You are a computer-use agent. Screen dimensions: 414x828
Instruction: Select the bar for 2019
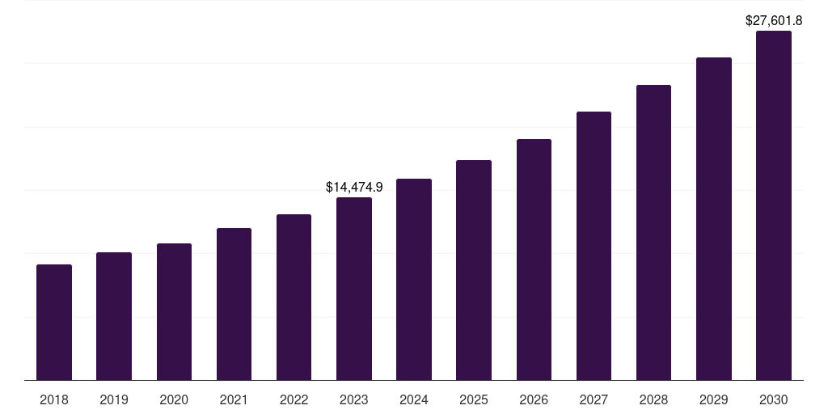coord(114,316)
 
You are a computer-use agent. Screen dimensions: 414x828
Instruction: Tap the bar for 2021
coord(234,304)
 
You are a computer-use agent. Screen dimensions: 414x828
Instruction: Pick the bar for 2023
coord(354,289)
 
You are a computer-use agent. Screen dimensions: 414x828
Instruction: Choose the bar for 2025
coord(474,270)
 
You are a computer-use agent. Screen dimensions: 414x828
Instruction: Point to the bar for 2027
coord(594,246)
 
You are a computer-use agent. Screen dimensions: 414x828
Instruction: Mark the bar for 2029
coord(714,218)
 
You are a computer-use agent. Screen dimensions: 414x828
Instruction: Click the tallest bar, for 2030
coord(774,205)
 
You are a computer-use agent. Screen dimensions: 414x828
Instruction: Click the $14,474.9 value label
coord(354,187)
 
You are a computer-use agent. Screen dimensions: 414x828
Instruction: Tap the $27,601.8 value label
coord(774,20)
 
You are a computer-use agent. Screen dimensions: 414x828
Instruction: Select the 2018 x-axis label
coord(54,399)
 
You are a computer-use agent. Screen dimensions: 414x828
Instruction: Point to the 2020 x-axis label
coord(174,399)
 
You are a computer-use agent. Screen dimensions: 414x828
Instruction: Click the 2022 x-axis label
coord(294,399)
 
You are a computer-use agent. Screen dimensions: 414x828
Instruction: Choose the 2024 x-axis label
coord(414,399)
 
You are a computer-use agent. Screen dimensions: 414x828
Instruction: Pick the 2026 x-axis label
coord(534,399)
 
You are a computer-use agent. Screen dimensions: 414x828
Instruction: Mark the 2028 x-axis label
coord(653,399)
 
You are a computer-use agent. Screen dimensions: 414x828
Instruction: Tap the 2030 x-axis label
coord(774,399)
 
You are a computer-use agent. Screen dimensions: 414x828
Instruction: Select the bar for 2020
coord(174,311)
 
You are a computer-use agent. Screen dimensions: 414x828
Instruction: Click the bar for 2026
coord(534,260)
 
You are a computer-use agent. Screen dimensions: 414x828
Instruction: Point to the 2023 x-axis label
coord(354,399)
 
